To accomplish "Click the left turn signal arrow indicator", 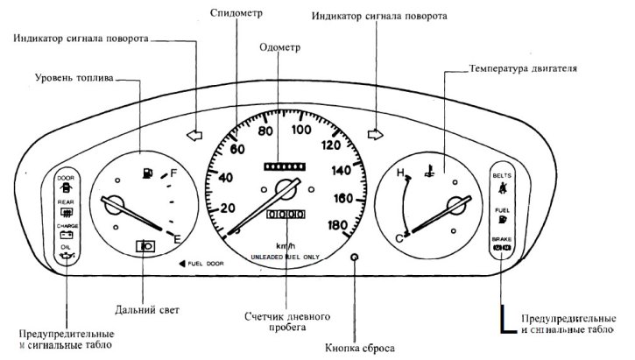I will point(194,136).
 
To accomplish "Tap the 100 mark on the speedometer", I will point(302,131).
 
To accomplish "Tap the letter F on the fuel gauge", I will point(174,173).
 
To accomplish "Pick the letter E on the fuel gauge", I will point(178,237).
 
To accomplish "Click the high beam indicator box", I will point(146,247).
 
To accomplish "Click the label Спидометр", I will point(238,13).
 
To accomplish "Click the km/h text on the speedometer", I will point(286,245).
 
